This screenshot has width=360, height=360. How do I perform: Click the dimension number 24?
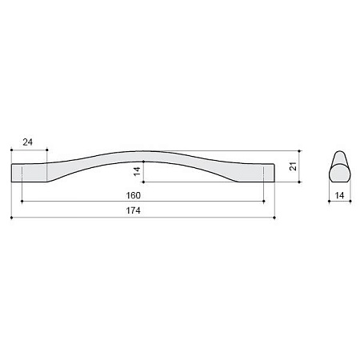[28, 142]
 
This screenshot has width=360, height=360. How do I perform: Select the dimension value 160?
[133, 195]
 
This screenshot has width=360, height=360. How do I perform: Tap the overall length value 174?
[133, 210]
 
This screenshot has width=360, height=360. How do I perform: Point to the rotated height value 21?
[293, 166]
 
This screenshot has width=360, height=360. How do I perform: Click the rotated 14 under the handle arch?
[137, 171]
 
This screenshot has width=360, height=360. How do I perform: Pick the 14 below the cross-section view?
[339, 195]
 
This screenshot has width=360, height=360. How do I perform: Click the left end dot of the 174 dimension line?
[11, 218]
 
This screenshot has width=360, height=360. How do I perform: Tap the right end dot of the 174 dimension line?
[274, 218]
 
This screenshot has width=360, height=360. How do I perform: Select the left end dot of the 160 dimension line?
[22, 202]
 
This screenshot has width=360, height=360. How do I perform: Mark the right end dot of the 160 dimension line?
[264, 202]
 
